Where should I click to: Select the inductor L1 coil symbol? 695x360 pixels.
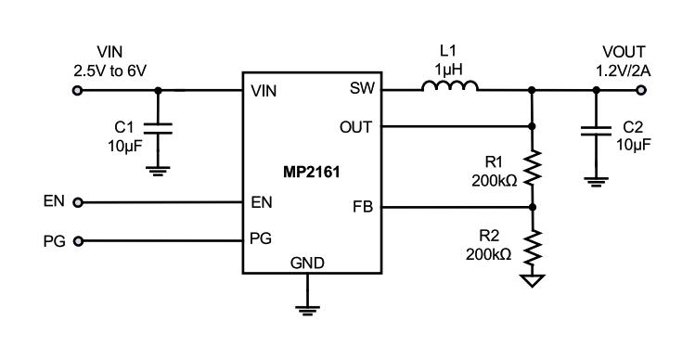[x=450, y=89]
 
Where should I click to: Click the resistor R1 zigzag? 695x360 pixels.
[x=531, y=168]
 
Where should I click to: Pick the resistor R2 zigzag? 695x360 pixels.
[x=531, y=248]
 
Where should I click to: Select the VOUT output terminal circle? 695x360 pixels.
[x=640, y=90]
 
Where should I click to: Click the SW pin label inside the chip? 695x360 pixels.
[x=359, y=91]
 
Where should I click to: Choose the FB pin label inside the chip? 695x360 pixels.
[x=362, y=207]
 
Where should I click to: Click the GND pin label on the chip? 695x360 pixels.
[x=307, y=264]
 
